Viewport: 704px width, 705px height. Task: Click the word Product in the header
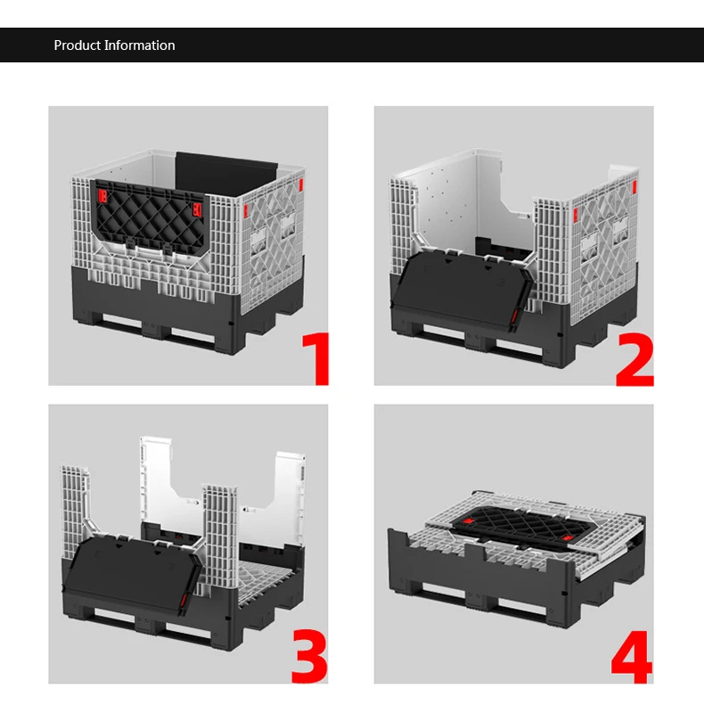(76, 45)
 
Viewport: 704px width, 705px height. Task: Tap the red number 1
(316, 358)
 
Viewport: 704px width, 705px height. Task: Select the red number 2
(634, 358)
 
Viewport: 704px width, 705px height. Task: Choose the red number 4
(631, 658)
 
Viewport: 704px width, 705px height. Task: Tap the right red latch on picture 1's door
(195, 209)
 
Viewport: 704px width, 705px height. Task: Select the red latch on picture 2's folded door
(514, 317)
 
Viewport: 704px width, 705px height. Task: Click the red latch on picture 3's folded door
(184, 603)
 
